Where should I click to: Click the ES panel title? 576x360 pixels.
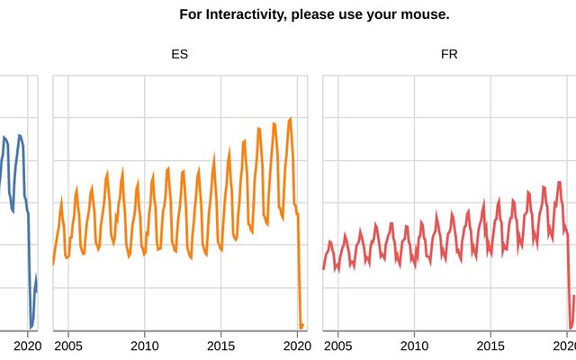coord(180,54)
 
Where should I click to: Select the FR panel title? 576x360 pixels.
coord(449,54)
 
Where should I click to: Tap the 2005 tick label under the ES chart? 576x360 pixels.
coord(68,346)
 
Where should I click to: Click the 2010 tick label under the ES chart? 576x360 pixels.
coord(145,346)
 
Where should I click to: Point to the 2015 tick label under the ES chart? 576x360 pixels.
coord(221,346)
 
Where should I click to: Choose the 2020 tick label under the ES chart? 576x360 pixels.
coord(296,346)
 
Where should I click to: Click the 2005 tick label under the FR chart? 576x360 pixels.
coord(338,346)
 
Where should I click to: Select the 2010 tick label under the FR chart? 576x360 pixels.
coord(415,346)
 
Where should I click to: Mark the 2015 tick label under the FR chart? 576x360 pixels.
coord(491,346)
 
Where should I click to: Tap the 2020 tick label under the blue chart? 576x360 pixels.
coord(27,346)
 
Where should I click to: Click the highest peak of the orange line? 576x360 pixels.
coord(290,119)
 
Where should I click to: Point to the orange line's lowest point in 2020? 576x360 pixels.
coord(301,327)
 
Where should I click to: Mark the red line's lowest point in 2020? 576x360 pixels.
coord(571,328)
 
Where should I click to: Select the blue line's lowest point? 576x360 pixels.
coord(31,327)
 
